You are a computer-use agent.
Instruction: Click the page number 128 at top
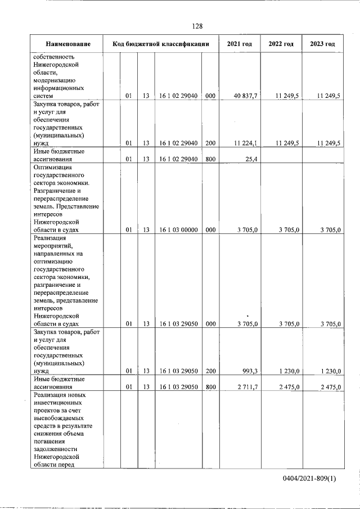coord(197,26)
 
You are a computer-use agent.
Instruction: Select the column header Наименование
coord(68,44)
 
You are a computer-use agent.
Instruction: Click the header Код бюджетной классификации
coord(161,44)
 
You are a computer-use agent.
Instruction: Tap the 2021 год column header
coord(239,44)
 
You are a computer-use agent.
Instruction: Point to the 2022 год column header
coord(281,44)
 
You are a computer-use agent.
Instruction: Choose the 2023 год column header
coord(322,44)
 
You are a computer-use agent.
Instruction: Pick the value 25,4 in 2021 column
coord(251,159)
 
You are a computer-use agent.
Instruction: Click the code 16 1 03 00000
coord(178,229)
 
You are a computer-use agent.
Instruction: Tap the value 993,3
coord(249,371)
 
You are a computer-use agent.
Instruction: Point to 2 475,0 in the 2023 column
coord(330,387)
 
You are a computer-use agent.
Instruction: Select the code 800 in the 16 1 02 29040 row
coord(210,159)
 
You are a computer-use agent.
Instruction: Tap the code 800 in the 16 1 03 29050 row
coord(210,387)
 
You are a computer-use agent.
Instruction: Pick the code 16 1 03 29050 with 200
coord(178,371)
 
